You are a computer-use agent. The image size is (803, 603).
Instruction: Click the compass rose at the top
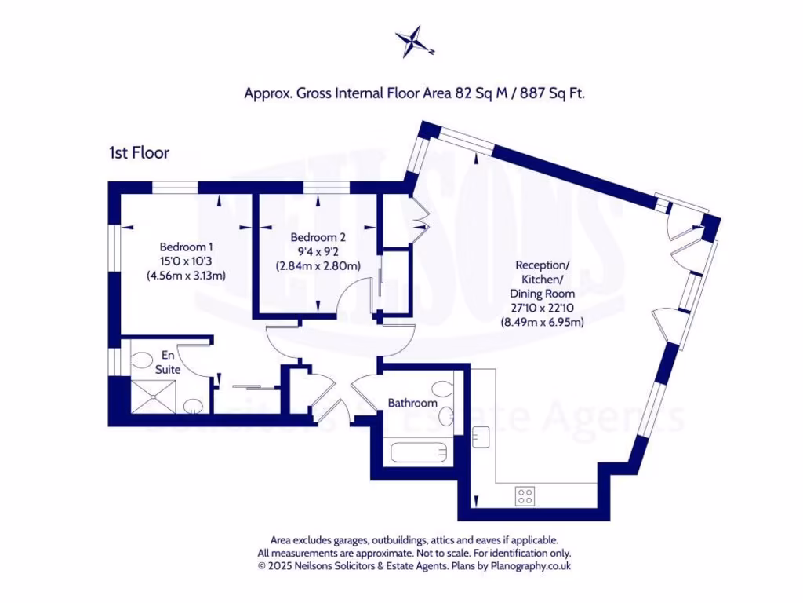[x=414, y=42]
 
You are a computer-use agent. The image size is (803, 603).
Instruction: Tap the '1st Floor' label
[x=139, y=153]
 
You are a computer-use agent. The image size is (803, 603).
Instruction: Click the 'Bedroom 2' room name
[x=318, y=237]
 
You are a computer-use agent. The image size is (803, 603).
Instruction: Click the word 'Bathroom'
[x=412, y=403]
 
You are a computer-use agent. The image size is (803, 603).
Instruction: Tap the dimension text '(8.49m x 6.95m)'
[x=542, y=321]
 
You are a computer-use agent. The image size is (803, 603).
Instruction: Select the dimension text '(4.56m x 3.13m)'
[x=186, y=275]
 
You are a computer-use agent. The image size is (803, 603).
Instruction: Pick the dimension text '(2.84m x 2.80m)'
[x=318, y=265]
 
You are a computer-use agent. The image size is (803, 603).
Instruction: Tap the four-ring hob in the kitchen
[x=525, y=495]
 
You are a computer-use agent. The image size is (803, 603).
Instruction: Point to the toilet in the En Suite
[x=142, y=361]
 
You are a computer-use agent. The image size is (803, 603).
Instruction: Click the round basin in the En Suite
[x=191, y=407]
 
